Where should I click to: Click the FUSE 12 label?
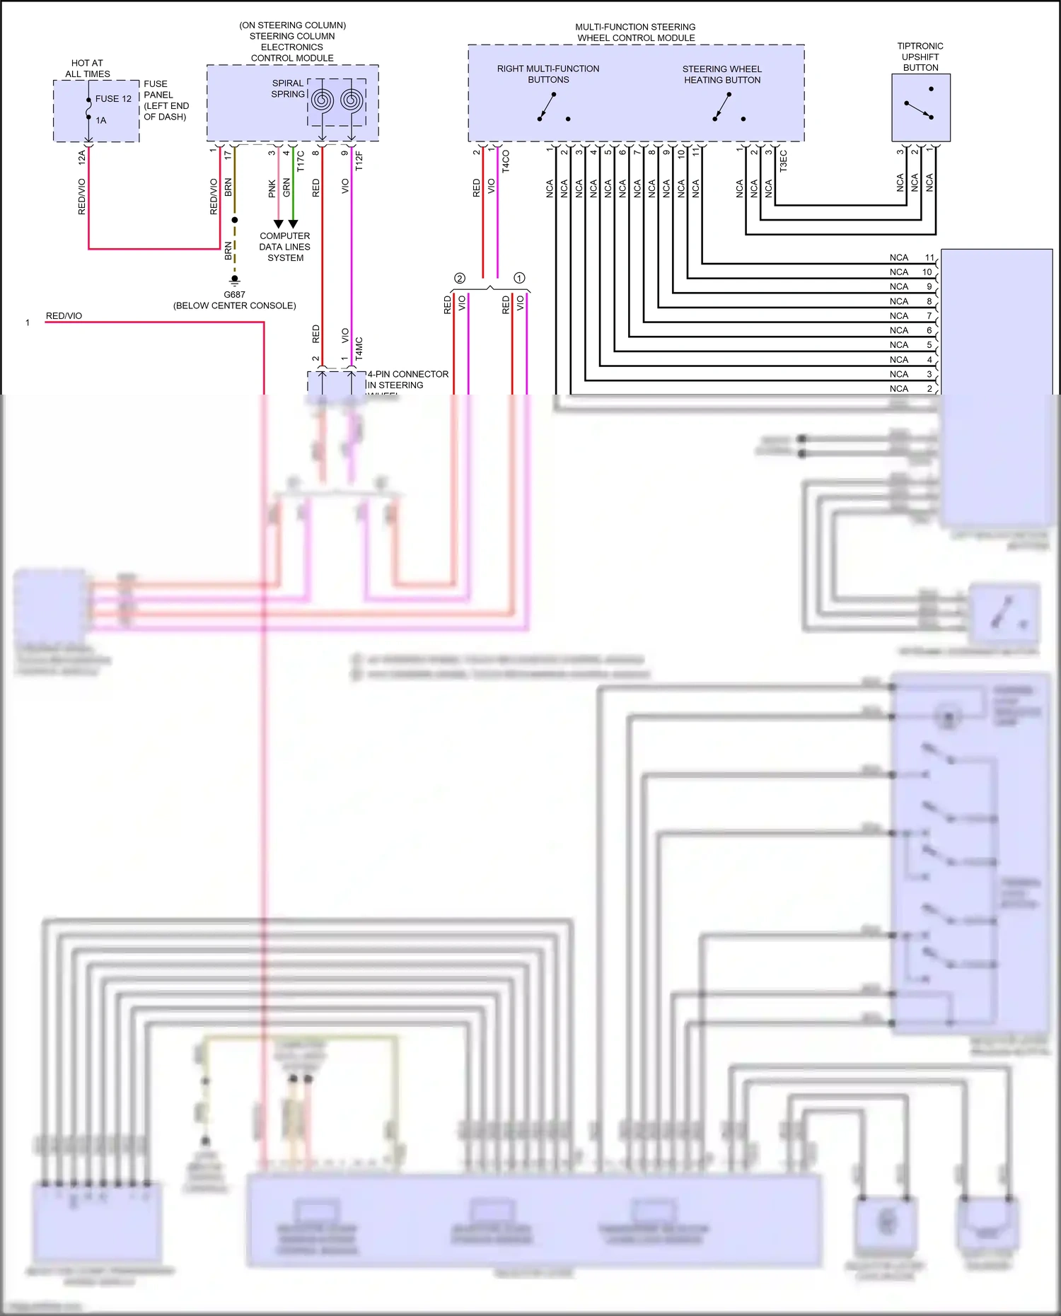[113, 99]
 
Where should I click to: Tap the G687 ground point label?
[234, 295]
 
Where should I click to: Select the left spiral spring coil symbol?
[322, 101]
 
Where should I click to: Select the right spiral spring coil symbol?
[352, 101]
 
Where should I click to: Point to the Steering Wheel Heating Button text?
[721, 74]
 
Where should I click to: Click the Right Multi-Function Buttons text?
[547, 74]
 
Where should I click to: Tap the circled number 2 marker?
[460, 279]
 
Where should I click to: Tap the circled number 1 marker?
[519, 279]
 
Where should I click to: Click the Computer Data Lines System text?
[284, 247]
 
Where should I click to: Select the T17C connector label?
[301, 161]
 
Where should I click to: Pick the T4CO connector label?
[506, 161]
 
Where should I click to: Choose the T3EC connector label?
[783, 161]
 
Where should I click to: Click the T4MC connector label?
[359, 349]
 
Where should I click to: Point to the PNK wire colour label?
[272, 188]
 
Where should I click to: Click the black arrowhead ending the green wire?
[293, 223]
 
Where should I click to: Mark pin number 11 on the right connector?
[929, 257]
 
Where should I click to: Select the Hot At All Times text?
[87, 69]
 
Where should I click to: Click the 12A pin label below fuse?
[82, 157]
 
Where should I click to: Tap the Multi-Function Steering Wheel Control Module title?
[635, 33]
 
